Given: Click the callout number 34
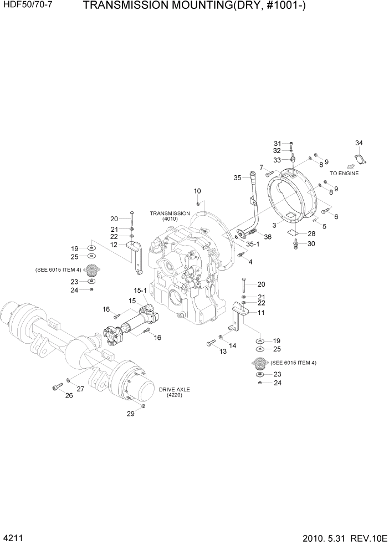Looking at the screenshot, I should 359,144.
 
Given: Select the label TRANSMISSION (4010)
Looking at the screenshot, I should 170,216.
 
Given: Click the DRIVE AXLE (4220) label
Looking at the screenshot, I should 175,393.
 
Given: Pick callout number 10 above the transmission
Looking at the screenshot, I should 197,191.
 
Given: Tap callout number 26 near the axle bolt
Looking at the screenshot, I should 69,395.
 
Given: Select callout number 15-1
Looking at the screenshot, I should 140,290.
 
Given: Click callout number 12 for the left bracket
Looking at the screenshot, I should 114,245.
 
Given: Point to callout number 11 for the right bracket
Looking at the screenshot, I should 261,313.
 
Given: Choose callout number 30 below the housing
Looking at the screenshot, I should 311,244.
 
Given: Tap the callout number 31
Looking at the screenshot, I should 278,144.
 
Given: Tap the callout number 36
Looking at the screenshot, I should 268,237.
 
